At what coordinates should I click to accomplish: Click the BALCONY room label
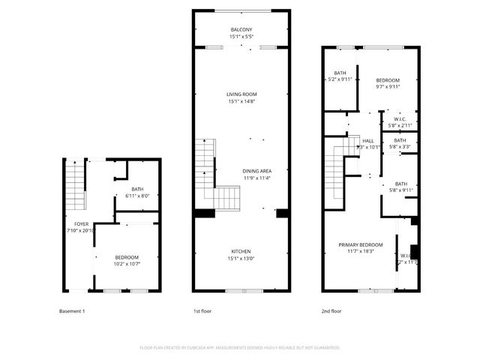pos(241,29)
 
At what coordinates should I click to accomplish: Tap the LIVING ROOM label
pos(241,94)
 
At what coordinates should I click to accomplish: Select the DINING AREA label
pos(256,171)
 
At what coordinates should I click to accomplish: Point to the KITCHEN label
pos(241,251)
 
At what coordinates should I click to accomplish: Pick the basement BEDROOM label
pos(127,257)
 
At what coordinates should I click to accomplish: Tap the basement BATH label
pos(137,189)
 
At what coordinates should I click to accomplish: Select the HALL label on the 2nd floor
pos(368,140)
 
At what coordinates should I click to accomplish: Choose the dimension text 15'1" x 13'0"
pos(241,258)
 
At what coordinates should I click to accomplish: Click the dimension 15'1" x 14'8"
pos(241,101)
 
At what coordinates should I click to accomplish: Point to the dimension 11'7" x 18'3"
pos(361,251)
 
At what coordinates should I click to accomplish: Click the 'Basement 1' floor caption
pos(73,310)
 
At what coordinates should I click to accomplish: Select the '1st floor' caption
pos(202,310)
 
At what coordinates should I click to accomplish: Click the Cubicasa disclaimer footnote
pos(240,348)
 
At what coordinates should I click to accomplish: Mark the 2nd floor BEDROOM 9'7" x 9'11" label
pos(388,80)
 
